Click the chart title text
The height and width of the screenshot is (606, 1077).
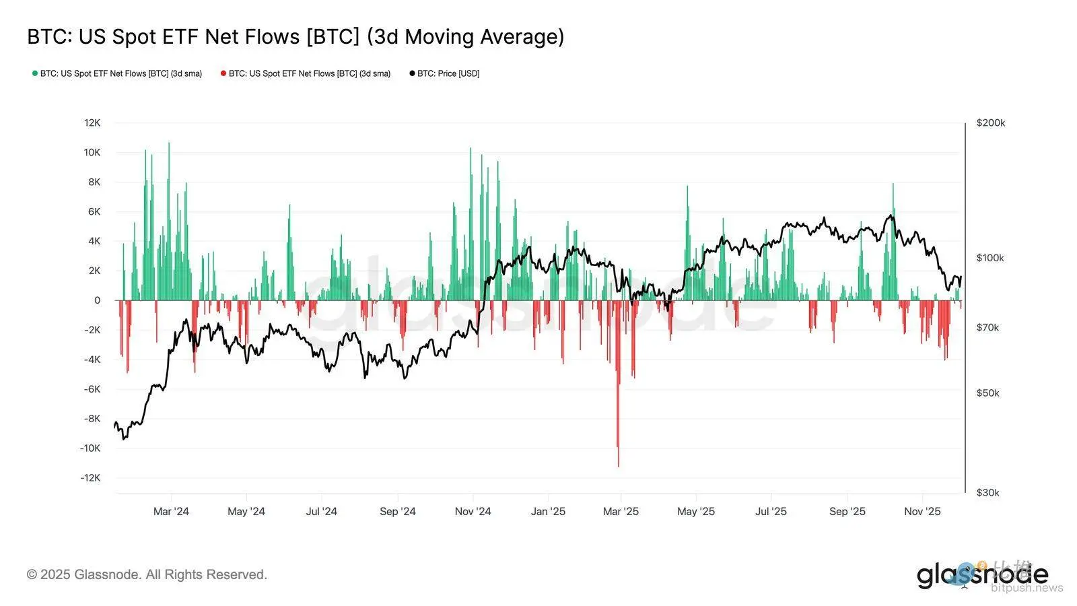coord(296,36)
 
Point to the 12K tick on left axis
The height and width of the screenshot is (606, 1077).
coord(92,123)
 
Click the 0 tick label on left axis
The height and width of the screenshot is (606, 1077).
coord(97,300)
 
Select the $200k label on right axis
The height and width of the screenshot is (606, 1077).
coord(990,123)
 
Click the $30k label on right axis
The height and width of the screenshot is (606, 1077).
coord(987,492)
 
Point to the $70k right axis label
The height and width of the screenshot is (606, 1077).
coord(987,327)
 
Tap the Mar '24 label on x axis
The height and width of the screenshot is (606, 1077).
coord(171,511)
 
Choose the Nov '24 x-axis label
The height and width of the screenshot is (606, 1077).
coord(473,511)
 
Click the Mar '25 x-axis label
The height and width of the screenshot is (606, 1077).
coord(621,511)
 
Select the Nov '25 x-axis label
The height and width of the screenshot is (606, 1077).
coord(922,511)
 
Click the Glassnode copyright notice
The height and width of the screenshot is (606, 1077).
coord(147,574)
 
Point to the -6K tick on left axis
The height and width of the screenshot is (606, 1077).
coord(92,389)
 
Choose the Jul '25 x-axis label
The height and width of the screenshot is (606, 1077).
coord(771,511)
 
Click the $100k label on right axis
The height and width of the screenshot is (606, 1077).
coord(990,258)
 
